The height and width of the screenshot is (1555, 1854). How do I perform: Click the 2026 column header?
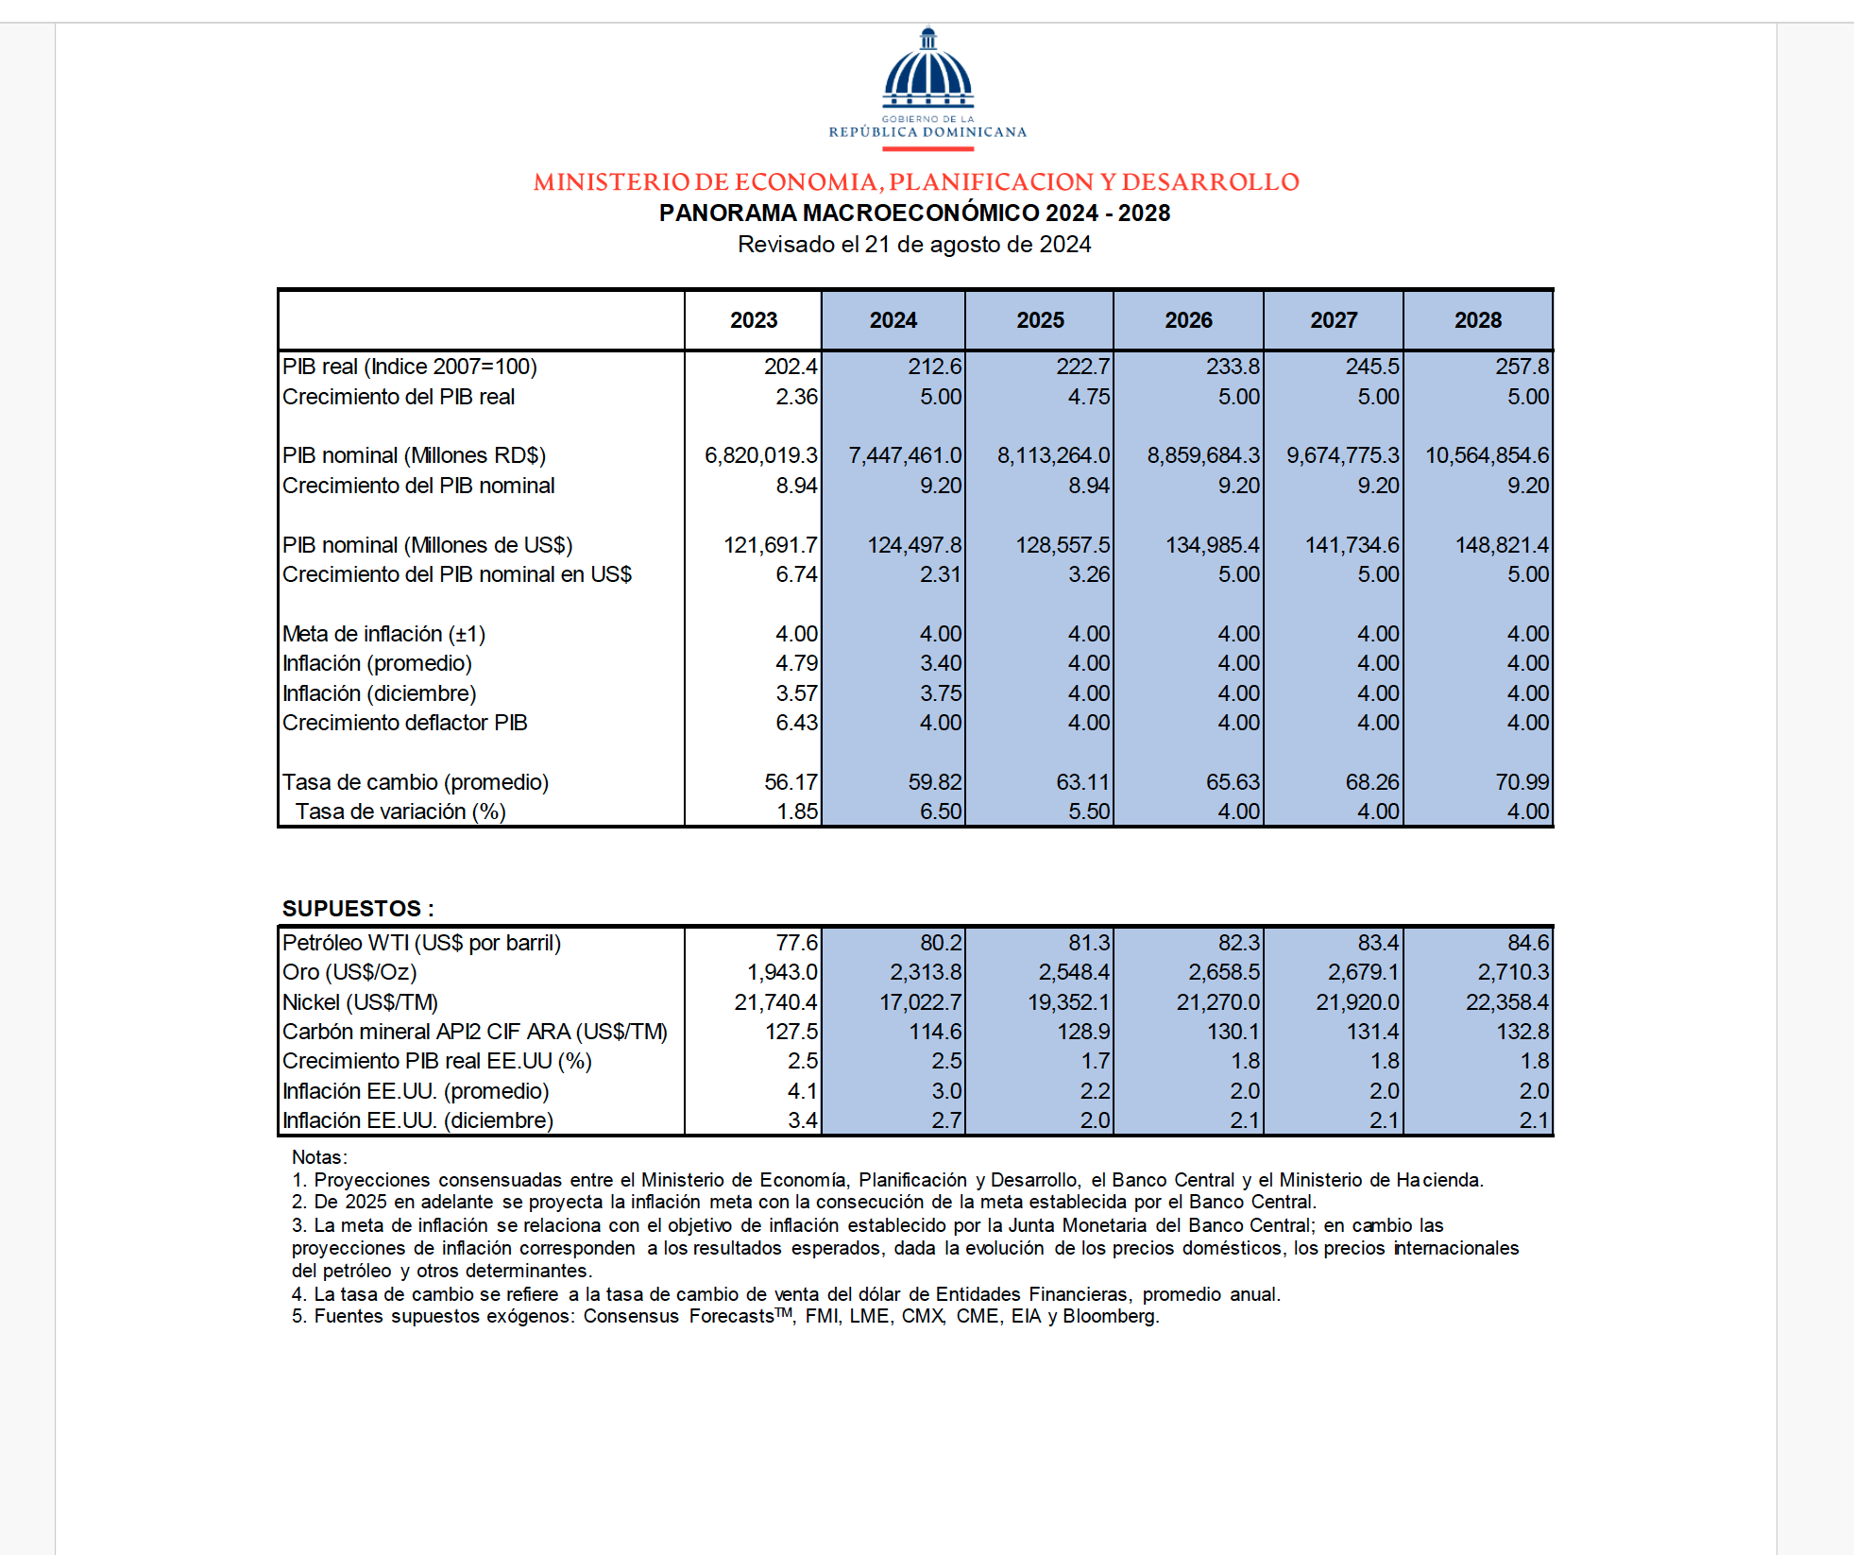[x=1188, y=320]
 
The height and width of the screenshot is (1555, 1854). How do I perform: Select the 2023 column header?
[x=754, y=320]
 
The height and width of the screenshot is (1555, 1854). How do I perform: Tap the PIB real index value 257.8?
[x=1522, y=367]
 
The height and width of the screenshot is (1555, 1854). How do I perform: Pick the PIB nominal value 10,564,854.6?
[x=1487, y=455]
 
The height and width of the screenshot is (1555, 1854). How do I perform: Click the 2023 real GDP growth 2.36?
[x=796, y=397]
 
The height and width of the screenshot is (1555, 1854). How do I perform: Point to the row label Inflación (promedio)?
[x=377, y=663]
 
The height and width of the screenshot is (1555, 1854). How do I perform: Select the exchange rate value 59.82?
[x=934, y=782]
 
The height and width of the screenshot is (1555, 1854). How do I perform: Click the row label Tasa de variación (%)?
[x=400, y=812]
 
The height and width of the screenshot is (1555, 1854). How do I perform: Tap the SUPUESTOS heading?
[x=358, y=909]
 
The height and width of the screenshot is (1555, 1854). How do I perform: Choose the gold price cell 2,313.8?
[x=926, y=972]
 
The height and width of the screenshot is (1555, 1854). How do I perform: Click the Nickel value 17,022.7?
[x=920, y=1002]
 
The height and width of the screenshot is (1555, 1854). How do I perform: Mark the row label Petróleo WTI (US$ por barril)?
[x=421, y=943]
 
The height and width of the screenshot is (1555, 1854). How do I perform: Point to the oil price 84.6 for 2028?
[x=1527, y=943]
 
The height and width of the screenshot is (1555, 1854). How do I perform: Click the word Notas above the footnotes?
[x=318, y=1157]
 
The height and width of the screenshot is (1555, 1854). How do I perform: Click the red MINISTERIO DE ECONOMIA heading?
[x=916, y=181]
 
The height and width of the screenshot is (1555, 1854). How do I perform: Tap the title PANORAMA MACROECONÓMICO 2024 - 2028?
[x=914, y=214]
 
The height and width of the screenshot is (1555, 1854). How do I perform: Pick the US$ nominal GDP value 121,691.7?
[x=770, y=545]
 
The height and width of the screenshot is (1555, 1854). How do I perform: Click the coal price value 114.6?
[x=934, y=1032]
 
